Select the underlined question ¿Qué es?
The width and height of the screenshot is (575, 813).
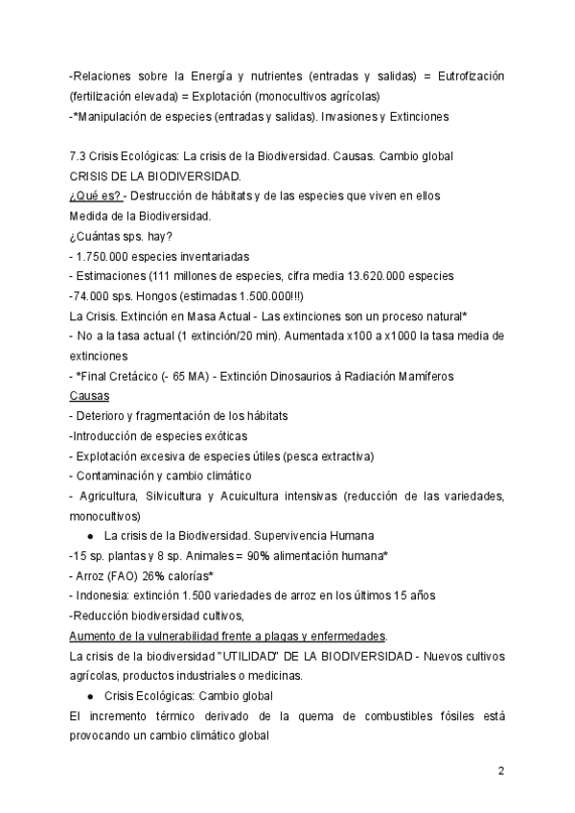94,196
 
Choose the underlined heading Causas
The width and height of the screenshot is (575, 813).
89,395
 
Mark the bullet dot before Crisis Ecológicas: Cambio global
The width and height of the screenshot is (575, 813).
89,695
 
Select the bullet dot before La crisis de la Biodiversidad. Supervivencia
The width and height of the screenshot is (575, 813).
89,535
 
